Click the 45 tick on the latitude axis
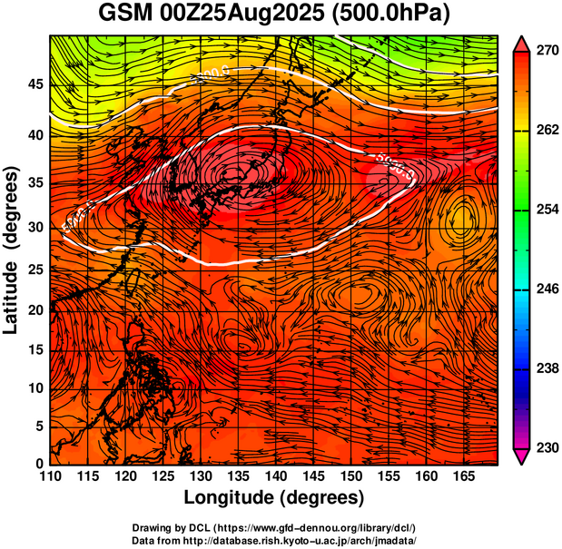[x=34, y=84]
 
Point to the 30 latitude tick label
[x=34, y=227]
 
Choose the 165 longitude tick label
[x=461, y=477]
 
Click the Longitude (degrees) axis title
[x=273, y=498]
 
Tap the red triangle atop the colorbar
[x=521, y=43]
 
